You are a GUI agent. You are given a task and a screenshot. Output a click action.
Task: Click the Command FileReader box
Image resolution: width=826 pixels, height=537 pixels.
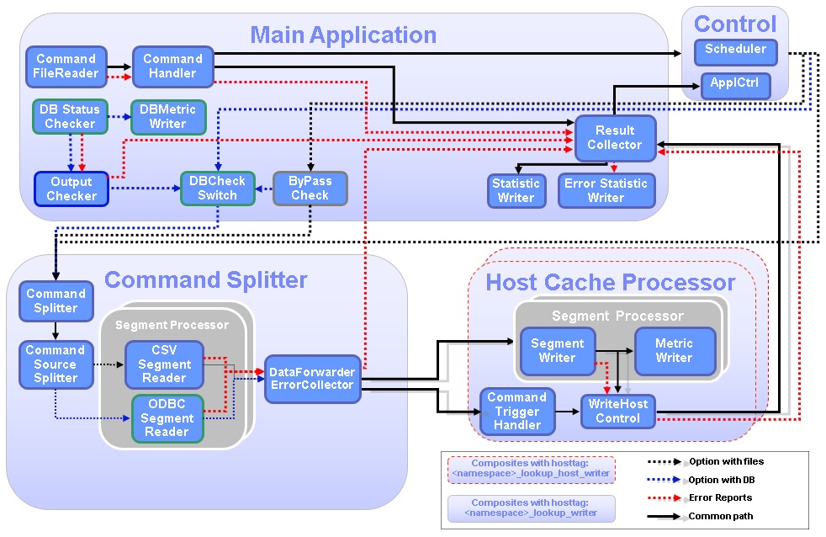click(66, 66)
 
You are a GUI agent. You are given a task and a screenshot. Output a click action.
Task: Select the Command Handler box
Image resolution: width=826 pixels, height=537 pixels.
click(172, 66)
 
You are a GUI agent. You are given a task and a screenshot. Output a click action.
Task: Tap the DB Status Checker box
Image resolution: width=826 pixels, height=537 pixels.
click(69, 117)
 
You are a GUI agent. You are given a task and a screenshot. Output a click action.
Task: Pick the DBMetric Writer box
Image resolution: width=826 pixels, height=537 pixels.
click(167, 117)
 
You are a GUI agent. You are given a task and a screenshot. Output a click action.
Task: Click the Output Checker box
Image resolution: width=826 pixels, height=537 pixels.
click(71, 189)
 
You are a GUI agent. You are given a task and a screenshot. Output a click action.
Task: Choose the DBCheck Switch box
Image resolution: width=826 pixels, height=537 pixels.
click(218, 189)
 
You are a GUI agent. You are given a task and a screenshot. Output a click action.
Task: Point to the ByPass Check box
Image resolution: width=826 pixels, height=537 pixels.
click(310, 189)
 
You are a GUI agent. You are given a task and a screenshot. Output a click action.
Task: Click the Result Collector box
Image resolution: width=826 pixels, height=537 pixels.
click(615, 138)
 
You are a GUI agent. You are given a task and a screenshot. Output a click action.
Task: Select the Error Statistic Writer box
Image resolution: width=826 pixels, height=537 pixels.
click(606, 190)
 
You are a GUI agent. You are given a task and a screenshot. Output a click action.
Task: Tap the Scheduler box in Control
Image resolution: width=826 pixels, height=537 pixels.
click(735, 50)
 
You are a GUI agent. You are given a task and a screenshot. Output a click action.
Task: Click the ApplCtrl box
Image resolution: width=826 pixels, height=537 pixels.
click(735, 85)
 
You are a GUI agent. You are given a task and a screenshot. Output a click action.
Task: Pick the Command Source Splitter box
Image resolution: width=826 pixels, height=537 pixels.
click(55, 364)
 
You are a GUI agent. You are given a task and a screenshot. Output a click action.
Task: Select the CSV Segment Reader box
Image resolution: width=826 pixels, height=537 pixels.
click(164, 364)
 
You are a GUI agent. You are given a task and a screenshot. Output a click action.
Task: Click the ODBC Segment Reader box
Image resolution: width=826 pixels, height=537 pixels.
click(166, 417)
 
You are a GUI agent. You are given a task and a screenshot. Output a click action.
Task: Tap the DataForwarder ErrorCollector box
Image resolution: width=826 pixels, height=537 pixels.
click(312, 379)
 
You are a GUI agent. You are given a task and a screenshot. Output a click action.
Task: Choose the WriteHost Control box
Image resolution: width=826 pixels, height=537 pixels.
click(617, 411)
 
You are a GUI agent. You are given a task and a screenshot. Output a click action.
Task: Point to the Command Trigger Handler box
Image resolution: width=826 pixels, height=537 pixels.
click(517, 411)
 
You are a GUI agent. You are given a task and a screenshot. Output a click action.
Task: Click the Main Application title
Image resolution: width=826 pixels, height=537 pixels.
click(343, 35)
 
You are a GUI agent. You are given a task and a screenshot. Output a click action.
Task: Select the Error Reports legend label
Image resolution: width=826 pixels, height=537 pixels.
click(720, 497)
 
